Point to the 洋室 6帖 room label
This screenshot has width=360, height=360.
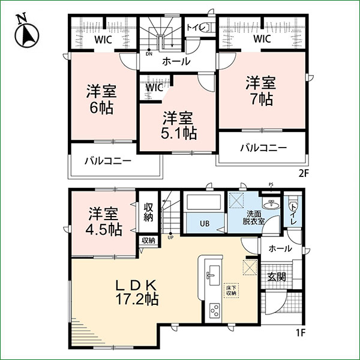(101, 100)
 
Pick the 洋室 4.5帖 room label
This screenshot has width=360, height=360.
(103, 221)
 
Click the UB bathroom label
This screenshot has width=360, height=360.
(205, 224)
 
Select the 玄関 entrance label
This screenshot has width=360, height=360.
(276, 277)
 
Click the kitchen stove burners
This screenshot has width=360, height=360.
(214, 311)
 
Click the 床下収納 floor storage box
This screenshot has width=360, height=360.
(232, 290)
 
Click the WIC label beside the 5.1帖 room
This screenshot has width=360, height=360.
(154, 87)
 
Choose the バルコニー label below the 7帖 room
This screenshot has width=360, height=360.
(263, 148)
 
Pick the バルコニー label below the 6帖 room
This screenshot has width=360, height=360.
(107, 161)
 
